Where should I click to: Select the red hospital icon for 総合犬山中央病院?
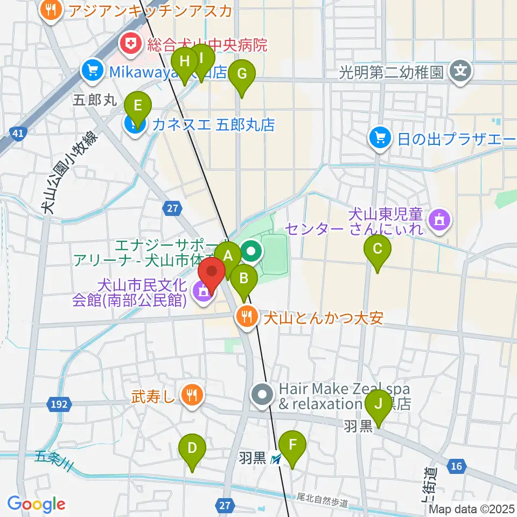[x=130, y=44]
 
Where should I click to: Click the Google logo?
[x=36, y=504]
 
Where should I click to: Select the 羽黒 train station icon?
[x=276, y=459]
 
